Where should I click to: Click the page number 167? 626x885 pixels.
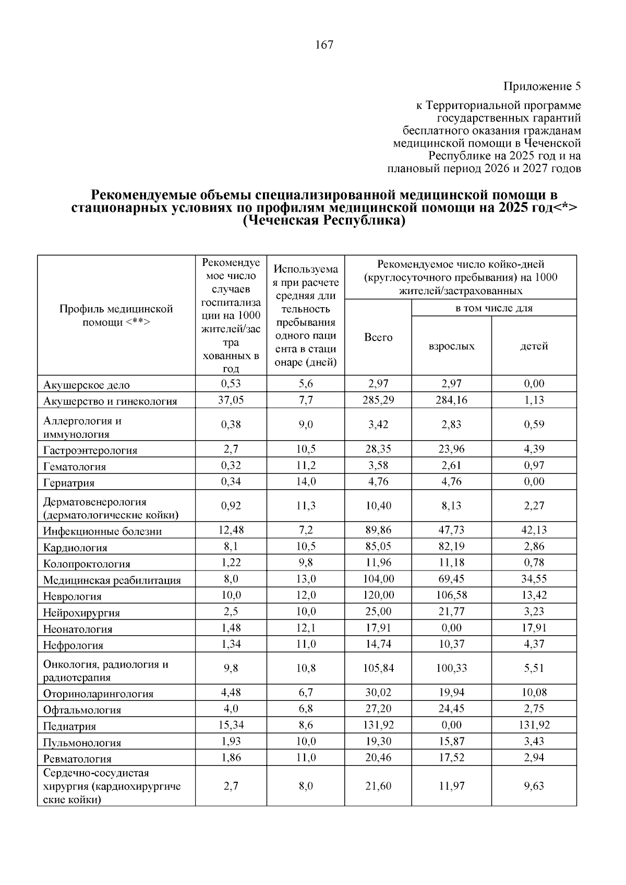point(324,45)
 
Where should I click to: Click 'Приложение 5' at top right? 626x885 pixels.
point(542,86)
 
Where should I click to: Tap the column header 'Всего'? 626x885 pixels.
point(378,337)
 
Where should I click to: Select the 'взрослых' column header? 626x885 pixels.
point(451,346)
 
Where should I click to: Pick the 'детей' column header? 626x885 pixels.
point(534,346)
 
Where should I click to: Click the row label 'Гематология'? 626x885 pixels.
point(75,467)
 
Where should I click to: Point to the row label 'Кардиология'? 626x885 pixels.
point(75,548)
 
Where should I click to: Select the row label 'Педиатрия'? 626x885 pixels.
point(69,726)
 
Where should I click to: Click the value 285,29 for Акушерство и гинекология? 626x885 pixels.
point(378,400)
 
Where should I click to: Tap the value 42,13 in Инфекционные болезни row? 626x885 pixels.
point(534,530)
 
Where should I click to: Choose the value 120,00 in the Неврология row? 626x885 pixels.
point(378,595)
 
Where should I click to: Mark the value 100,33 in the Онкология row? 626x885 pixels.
point(451,668)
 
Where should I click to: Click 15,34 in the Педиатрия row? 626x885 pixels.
point(231,725)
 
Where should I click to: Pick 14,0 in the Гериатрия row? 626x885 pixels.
point(306,481)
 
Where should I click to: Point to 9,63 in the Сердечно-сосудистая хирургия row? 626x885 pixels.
point(534,786)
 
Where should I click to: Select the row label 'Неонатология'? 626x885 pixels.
point(78,629)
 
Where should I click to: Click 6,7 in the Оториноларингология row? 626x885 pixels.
point(306,693)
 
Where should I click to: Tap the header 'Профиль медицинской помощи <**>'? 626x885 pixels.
point(116,316)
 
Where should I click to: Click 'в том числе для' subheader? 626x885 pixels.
point(493,308)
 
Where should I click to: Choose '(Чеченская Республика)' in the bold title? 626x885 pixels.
point(324,221)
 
